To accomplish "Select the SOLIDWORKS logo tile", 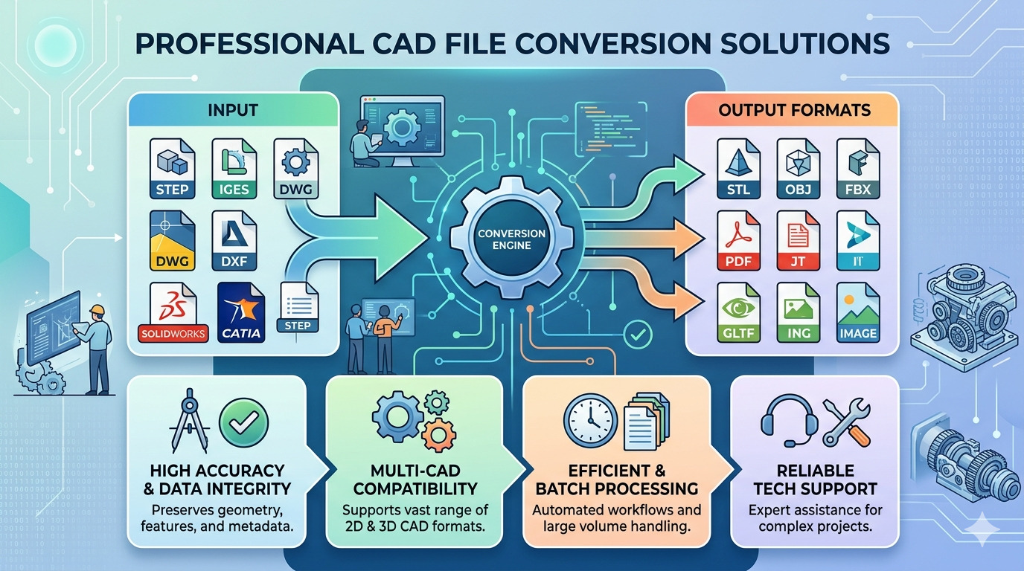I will point(173,312).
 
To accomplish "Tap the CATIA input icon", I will point(241,312).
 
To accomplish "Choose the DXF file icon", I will point(233,241).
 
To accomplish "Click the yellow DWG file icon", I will point(173,241).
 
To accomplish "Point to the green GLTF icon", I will point(739,312).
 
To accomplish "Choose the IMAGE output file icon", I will point(857,312).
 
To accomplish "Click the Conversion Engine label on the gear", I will point(511,239).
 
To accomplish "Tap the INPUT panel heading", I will point(234,110).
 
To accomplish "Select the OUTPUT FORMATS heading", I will point(794,110).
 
